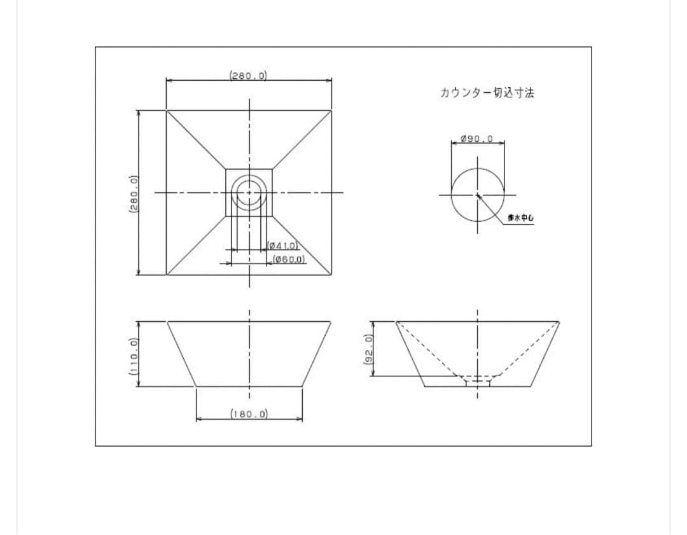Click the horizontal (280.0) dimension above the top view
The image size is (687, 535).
pyautogui.click(x=248, y=75)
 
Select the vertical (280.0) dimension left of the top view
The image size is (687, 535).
pyautogui.click(x=133, y=194)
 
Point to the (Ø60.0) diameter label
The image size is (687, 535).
pyautogui.click(x=289, y=260)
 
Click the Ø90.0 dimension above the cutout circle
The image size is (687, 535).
pyautogui.click(x=477, y=139)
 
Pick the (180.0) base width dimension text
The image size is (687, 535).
pyautogui.click(x=249, y=414)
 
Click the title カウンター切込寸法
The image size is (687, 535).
pyautogui.click(x=487, y=93)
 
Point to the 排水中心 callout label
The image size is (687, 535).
pyautogui.click(x=520, y=218)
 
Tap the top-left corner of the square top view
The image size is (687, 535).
pyautogui.click(x=167, y=111)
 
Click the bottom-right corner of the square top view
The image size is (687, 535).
pyautogui.click(x=331, y=275)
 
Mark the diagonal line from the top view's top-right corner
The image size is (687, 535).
pyautogui.click(x=302, y=140)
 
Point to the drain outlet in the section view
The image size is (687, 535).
pyautogui.click(x=478, y=381)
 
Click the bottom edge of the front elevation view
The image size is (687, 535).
pyautogui.click(x=249, y=386)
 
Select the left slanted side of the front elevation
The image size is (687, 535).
pyautogui.click(x=181, y=354)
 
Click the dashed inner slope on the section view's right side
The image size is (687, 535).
pyautogui.click(x=528, y=350)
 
